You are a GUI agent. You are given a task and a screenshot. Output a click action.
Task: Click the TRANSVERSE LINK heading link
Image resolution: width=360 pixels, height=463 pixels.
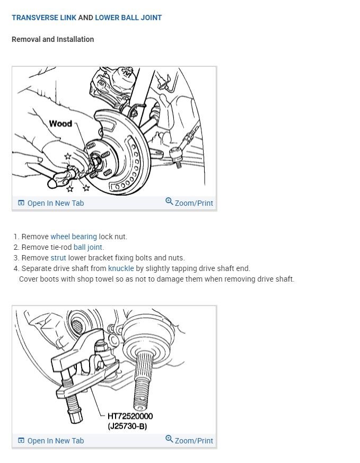44,18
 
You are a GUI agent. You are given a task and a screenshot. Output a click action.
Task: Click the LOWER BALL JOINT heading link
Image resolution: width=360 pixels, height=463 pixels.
128,18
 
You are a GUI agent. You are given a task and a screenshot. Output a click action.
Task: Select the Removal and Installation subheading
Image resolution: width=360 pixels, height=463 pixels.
53,39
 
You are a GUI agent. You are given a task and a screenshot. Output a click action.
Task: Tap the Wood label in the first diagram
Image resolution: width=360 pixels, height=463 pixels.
60,124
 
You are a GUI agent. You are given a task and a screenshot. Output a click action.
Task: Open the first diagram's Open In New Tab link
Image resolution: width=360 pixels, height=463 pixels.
56,203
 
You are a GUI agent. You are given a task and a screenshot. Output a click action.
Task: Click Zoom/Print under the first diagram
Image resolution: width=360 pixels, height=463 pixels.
194,203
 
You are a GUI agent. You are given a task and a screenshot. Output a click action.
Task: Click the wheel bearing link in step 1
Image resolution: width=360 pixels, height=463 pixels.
74,237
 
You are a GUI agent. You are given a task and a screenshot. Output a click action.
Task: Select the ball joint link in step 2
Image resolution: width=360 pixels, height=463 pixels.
88,247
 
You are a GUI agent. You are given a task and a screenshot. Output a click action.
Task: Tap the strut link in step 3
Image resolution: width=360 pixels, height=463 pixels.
58,258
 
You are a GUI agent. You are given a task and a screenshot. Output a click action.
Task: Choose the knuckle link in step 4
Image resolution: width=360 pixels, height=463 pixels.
121,268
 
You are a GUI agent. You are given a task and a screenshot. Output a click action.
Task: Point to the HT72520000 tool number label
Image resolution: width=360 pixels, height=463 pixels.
130,416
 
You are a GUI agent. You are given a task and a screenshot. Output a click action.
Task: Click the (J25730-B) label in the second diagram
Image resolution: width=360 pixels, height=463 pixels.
127,426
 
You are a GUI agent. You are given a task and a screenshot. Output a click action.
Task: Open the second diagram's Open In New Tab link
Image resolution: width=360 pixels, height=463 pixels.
56,441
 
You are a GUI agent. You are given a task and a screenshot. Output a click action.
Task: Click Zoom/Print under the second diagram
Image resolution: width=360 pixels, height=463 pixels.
194,441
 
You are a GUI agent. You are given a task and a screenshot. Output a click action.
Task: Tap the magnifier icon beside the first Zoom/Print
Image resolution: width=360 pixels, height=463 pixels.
169,202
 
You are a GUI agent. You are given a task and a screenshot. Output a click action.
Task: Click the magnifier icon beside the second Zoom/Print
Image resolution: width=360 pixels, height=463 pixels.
169,439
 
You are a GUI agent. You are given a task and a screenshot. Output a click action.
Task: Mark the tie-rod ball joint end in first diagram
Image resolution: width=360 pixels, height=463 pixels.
175,154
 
